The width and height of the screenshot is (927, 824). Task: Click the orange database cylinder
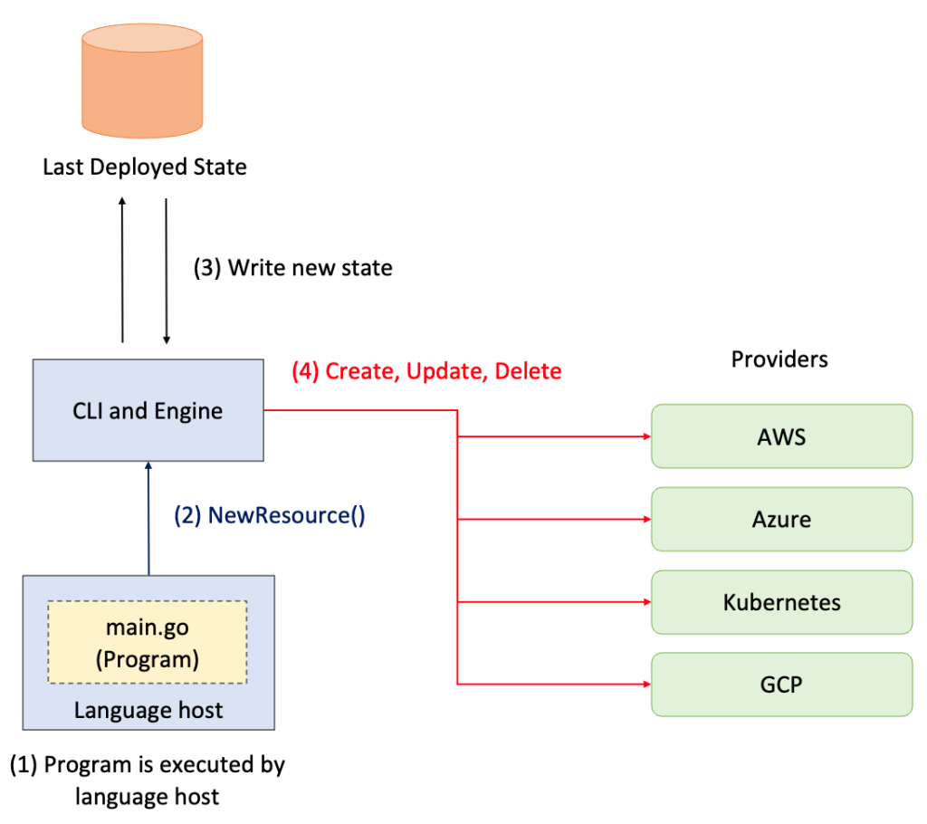point(142,81)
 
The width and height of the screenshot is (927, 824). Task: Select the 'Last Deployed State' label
point(145,167)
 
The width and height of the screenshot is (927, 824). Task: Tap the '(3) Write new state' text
point(293,268)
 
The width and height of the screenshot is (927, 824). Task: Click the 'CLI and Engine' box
point(148,410)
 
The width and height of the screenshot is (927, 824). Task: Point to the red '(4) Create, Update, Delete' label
point(427,371)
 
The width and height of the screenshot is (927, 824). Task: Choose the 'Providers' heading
point(779,359)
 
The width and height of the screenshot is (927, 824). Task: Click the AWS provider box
point(781,436)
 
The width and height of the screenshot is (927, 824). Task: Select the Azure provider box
point(781,520)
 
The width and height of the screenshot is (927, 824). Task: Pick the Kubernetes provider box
point(781,602)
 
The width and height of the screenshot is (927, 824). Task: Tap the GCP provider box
point(781,685)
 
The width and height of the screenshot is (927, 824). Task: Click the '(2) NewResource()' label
point(270,515)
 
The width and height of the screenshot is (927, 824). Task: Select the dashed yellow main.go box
point(148,642)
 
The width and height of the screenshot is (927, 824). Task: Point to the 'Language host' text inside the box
point(148,710)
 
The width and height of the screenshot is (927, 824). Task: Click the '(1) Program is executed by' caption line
point(148,764)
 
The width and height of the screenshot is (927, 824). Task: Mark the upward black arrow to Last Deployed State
point(122,270)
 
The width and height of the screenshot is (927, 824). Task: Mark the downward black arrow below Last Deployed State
point(167,271)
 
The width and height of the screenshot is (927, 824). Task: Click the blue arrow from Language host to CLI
point(148,518)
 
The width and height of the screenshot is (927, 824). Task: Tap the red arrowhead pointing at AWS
point(647,436)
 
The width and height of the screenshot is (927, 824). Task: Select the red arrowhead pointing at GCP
point(647,685)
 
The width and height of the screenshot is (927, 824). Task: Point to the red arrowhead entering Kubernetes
point(647,602)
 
